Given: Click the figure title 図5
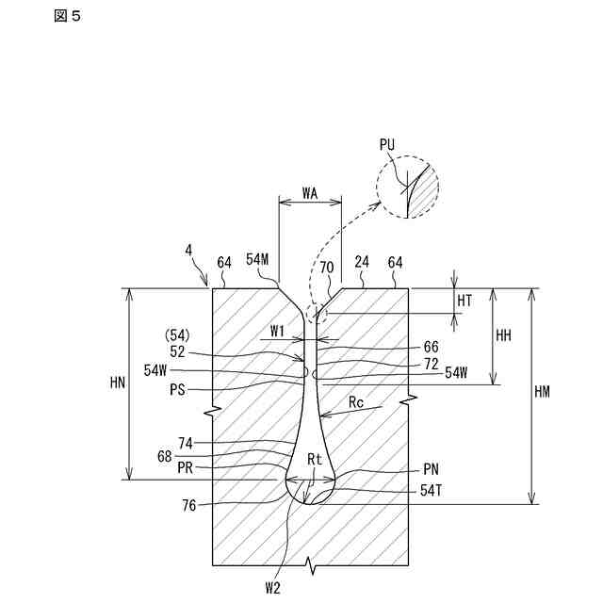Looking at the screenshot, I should coord(69,16).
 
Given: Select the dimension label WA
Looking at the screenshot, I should coord(310,192).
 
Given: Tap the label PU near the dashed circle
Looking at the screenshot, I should coord(387,144).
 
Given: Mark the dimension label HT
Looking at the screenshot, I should coord(464,300).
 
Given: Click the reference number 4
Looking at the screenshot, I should coord(189,250).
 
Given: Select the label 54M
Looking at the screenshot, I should coord(258,259).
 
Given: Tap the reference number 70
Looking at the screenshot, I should coord(326,267).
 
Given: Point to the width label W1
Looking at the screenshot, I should coord(277,331).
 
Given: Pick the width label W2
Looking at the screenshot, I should coord(273,586).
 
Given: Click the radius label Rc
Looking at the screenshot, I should coord(356,403).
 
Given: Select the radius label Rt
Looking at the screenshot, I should coord(316,459).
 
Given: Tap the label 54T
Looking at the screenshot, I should coord(432,490).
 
